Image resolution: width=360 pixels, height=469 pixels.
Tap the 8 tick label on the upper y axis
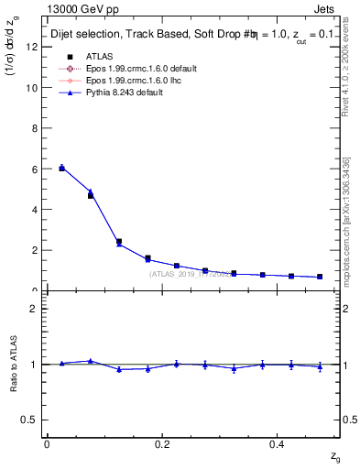[34, 128]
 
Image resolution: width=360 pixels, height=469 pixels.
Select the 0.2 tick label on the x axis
[162, 443]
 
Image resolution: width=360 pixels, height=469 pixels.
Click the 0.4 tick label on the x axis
[278, 443]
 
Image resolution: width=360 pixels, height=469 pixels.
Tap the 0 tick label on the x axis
[47, 443]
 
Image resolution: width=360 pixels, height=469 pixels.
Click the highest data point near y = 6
[61, 168]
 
